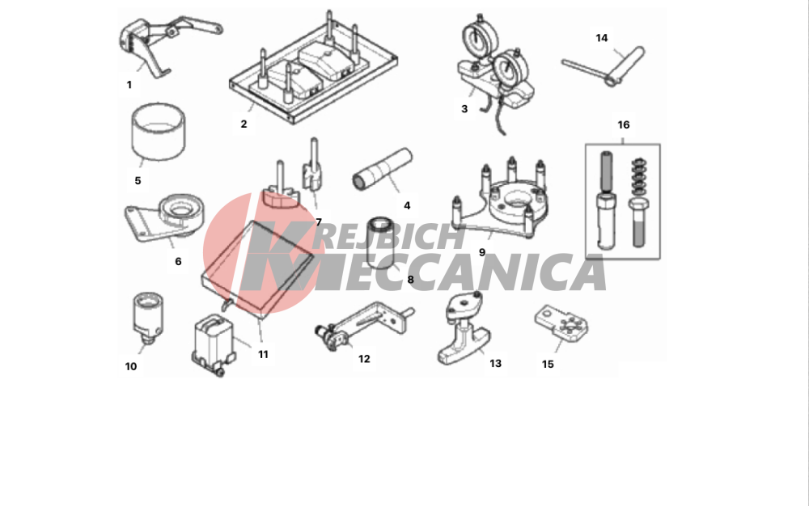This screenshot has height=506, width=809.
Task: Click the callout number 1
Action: click(x=129, y=85)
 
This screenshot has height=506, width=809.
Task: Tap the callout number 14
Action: click(x=602, y=38)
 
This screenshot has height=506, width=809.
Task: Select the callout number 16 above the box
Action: click(x=623, y=124)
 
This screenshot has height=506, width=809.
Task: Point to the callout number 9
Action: click(x=482, y=252)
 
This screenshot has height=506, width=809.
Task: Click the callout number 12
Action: click(x=364, y=359)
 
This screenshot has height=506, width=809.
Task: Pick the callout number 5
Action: click(x=138, y=181)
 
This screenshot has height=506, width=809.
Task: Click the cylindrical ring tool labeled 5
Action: click(x=159, y=132)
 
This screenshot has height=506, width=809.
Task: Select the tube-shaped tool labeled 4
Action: click(x=383, y=169)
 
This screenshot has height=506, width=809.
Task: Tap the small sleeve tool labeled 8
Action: click(x=381, y=242)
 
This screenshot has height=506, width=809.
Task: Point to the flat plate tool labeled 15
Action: click(x=561, y=323)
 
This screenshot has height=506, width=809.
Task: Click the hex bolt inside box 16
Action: click(x=637, y=223)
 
